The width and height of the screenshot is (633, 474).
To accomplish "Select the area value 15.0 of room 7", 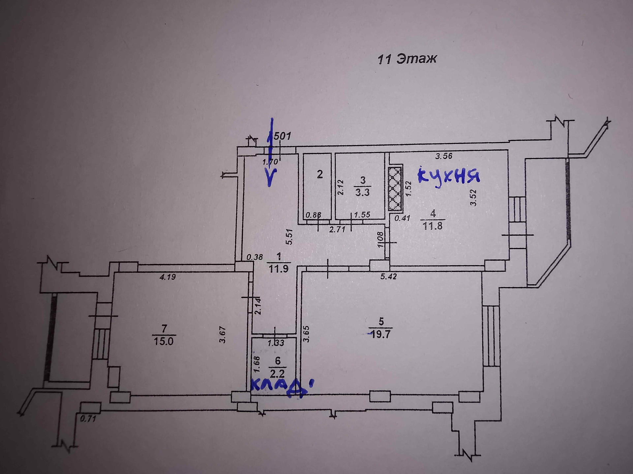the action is [164, 341].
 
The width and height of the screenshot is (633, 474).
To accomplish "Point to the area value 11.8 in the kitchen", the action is [433, 226].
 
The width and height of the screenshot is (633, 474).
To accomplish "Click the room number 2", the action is [319, 174].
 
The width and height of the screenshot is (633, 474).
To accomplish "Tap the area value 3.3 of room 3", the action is [362, 192].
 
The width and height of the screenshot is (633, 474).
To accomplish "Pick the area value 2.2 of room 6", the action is [277, 374].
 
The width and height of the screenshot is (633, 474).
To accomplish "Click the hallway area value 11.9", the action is [279, 269].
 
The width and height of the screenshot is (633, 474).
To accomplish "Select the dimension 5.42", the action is [388, 276].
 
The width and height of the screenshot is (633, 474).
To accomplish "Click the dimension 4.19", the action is [167, 277].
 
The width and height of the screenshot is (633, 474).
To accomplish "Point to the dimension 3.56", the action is [443, 156].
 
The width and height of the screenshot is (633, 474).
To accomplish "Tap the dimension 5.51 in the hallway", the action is [290, 237].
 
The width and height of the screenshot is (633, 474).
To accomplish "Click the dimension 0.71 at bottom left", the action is [88, 419].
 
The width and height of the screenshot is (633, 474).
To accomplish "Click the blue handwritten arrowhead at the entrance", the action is [271, 178].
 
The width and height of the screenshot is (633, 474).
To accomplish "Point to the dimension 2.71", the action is [337, 229].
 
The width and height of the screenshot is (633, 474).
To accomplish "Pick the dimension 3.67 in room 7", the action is [223, 334].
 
